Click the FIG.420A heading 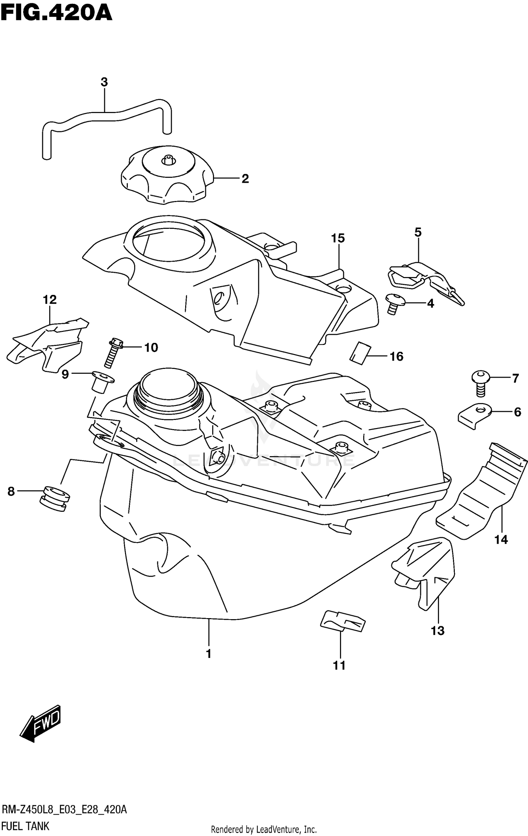[x=56, y=13]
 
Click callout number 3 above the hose [x=104, y=82]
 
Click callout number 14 [x=501, y=539]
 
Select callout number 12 [x=50, y=300]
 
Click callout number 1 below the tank [x=209, y=654]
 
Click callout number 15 [x=338, y=238]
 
